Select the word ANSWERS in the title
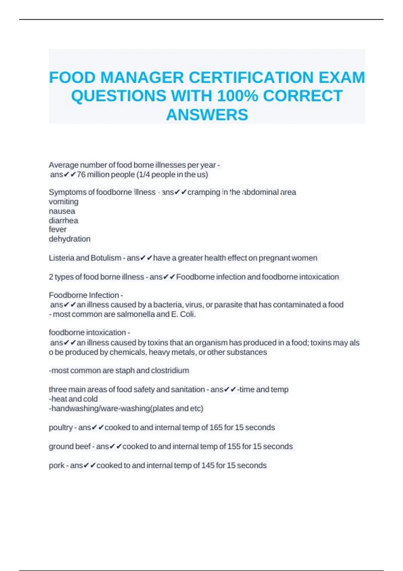pyautogui.click(x=207, y=115)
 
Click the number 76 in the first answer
pyautogui.click(x=81, y=175)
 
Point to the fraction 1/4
pyautogui.click(x=145, y=175)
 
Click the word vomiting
pyautogui.click(x=63, y=202)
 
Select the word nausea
pyautogui.click(x=62, y=211)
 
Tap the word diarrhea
pyautogui.click(x=63, y=220)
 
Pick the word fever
pyautogui.click(x=57, y=229)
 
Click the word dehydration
pyautogui.click(x=70, y=239)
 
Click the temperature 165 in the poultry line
pyautogui.click(x=216, y=428)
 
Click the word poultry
pyautogui.click(x=60, y=428)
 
